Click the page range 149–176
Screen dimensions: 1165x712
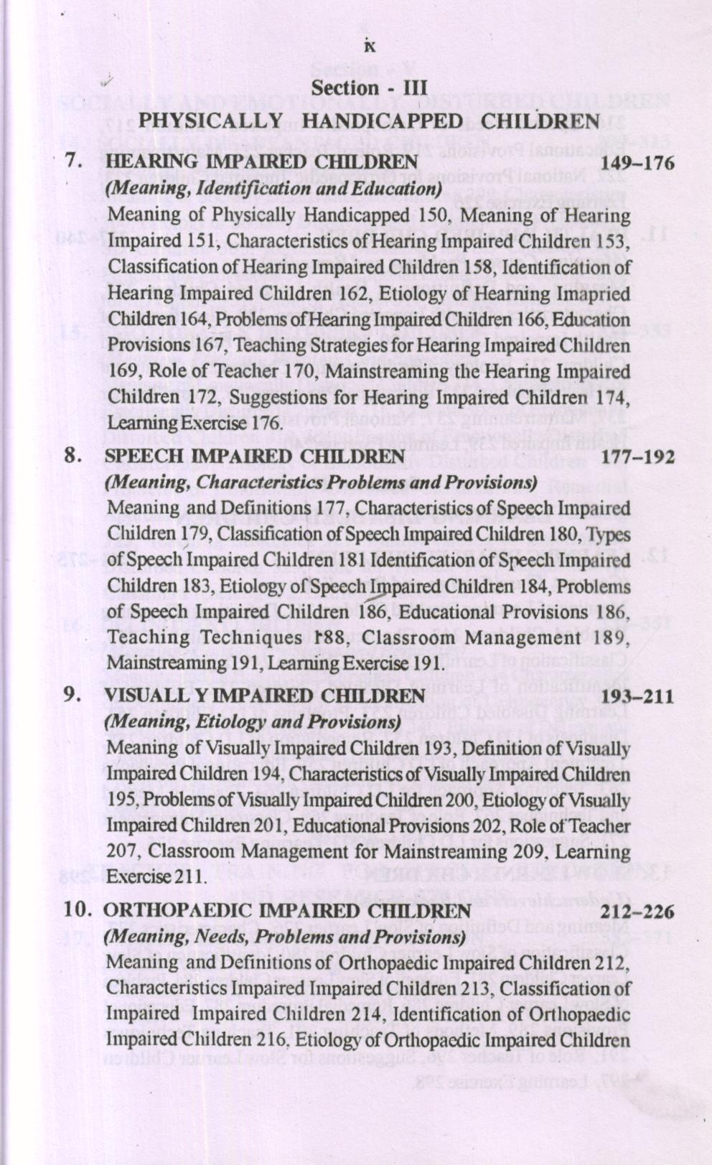[x=639, y=164]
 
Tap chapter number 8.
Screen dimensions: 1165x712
[x=72, y=455]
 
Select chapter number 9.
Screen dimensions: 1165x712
[x=72, y=695]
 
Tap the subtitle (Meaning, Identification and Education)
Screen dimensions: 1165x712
[x=272, y=189]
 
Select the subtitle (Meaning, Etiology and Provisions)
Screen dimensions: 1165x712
[x=252, y=721]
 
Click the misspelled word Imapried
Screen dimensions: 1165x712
[x=591, y=294]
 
